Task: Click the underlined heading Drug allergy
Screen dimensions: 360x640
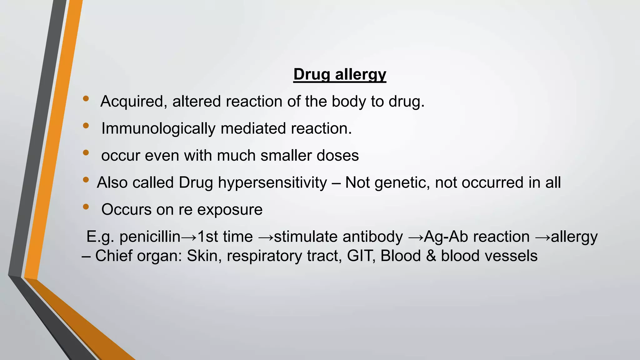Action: point(340,74)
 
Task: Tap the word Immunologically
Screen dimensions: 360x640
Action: point(158,128)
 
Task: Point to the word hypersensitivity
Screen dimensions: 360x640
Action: point(272,182)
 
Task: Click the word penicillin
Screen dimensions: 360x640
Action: point(150,237)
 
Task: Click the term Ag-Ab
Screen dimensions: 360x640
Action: point(446,237)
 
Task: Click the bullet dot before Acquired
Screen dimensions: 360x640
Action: point(86,99)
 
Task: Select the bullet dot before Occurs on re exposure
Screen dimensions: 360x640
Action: point(86,207)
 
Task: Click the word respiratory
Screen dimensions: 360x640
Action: point(264,256)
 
